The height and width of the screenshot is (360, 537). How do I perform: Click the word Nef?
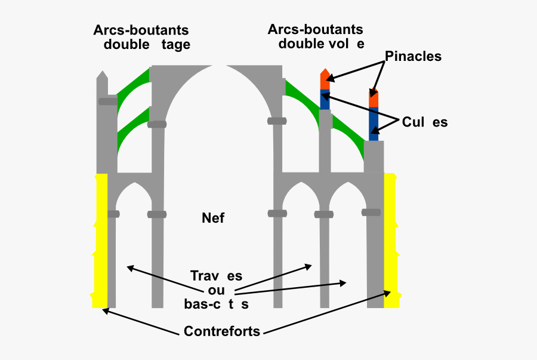(x=213, y=218)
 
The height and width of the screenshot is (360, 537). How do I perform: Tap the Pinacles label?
(x=413, y=57)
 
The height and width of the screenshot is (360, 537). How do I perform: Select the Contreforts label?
(x=222, y=331)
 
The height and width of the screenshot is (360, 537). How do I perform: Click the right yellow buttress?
(x=391, y=239)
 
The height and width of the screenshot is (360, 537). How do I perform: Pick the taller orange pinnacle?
(x=325, y=79)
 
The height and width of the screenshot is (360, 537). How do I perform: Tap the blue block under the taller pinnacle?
(x=325, y=99)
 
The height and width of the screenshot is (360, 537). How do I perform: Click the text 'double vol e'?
(x=321, y=44)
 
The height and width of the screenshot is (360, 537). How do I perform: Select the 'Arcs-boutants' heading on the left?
(x=141, y=30)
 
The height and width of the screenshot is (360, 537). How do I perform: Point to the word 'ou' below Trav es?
(x=216, y=290)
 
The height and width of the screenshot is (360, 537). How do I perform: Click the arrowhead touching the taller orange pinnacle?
(x=330, y=77)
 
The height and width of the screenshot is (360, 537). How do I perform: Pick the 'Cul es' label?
(x=424, y=122)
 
